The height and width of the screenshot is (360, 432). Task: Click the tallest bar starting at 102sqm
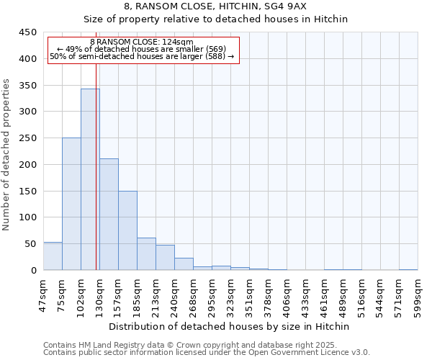tap(90, 180)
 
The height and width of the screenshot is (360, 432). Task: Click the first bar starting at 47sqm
tap(53, 256)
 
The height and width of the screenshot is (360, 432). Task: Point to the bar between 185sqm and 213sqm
tap(146, 254)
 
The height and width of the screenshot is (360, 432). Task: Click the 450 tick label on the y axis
tap(27, 32)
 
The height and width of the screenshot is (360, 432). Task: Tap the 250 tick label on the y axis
tap(27, 138)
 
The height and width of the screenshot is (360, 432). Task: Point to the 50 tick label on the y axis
tap(30, 244)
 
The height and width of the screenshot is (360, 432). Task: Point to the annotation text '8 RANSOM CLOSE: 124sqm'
tap(142, 42)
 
